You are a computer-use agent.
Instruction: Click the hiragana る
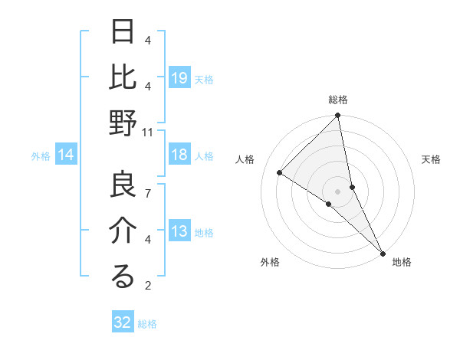pyautogui.click(x=122, y=277)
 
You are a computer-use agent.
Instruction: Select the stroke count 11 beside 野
pyautogui.click(x=147, y=132)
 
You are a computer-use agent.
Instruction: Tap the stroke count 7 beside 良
pyautogui.click(x=147, y=193)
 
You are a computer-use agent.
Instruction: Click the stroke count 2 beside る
pyautogui.click(x=147, y=286)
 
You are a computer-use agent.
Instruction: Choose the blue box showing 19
pyautogui.click(x=179, y=78)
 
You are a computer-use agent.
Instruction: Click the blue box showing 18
pyautogui.click(x=179, y=155)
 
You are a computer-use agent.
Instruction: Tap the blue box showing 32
pyautogui.click(x=123, y=322)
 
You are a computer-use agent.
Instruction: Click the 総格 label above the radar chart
pyautogui.click(x=338, y=100)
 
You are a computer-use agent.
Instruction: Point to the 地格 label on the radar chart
pyautogui.click(x=402, y=262)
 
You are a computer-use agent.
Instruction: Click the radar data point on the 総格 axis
pyautogui.click(x=337, y=116)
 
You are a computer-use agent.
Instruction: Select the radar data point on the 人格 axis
pyautogui.click(x=280, y=172)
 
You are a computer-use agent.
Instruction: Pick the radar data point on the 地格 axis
pyautogui.click(x=382, y=253)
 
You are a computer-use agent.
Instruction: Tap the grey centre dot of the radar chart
pyautogui.click(x=337, y=190)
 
